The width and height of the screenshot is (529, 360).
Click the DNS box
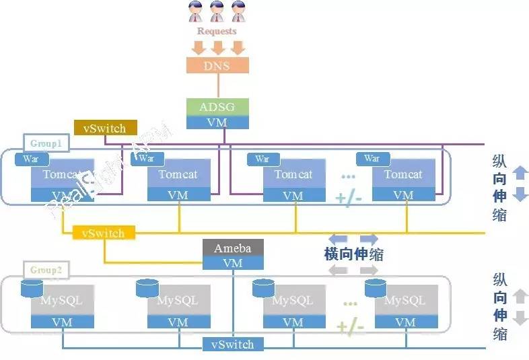click(217, 65)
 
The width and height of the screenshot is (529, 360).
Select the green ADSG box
click(217, 107)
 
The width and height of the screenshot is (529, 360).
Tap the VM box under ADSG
click(217, 122)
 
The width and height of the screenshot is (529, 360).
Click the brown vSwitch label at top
click(104, 128)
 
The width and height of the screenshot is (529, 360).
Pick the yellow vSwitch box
click(104, 233)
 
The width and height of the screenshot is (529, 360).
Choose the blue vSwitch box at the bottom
click(232, 345)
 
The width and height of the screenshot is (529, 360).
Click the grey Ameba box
click(232, 248)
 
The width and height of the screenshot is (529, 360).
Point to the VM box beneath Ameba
click(232, 263)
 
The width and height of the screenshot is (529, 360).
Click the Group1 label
click(46, 143)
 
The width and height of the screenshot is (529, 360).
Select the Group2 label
click(46, 270)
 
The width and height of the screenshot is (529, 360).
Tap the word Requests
click(217, 31)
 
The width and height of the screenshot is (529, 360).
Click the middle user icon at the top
click(217, 11)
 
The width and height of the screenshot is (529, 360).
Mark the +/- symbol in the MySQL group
click(350, 327)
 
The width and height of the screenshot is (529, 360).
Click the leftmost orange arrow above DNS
click(198, 48)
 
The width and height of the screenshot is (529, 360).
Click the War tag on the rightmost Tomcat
click(372, 159)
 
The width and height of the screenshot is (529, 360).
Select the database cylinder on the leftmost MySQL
click(32, 289)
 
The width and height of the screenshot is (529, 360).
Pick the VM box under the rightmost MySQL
click(405, 322)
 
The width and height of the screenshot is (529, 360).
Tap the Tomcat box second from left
click(178, 174)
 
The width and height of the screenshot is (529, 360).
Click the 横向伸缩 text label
click(354, 254)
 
